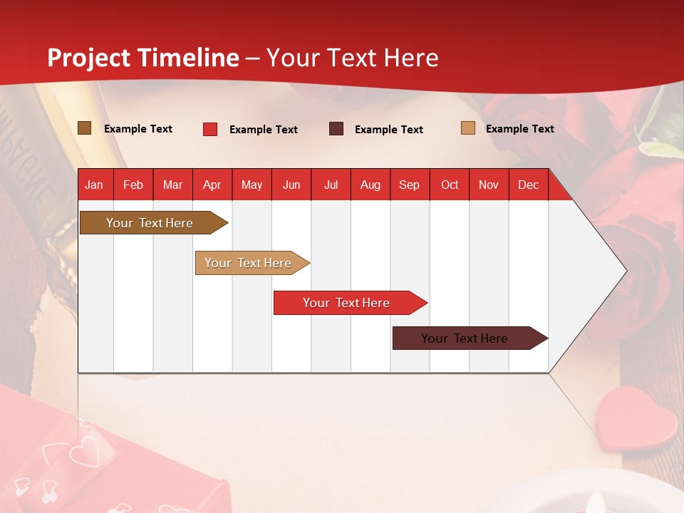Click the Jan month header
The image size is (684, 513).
click(x=94, y=185)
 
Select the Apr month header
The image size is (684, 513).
click(x=212, y=185)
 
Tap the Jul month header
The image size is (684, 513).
click(x=331, y=185)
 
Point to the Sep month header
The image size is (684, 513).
click(x=409, y=185)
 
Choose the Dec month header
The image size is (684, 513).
click(x=528, y=185)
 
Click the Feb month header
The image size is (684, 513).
click(x=133, y=185)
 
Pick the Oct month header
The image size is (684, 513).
click(x=450, y=185)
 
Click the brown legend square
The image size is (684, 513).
click(x=84, y=128)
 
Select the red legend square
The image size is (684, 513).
click(x=209, y=129)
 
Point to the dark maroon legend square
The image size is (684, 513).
click(x=336, y=129)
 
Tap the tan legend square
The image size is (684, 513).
click(x=467, y=128)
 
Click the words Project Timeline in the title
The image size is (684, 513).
click(x=143, y=58)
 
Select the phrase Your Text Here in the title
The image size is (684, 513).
click(x=353, y=58)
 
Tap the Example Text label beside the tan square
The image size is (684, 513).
click(x=519, y=129)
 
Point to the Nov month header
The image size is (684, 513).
click(x=489, y=185)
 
